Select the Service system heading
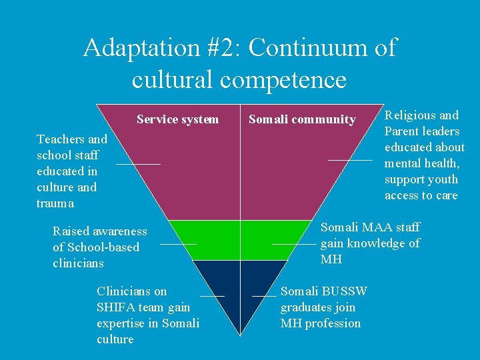click(x=177, y=119)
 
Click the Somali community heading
click(x=302, y=119)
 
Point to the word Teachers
click(x=61, y=139)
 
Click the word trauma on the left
click(x=55, y=203)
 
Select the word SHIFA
click(x=115, y=307)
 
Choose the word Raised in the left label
click(x=70, y=231)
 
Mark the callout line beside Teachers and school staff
click(x=138, y=163)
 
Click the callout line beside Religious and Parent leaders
click(x=349, y=160)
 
